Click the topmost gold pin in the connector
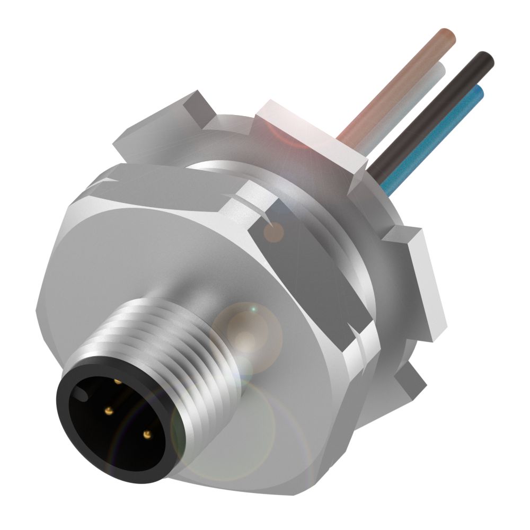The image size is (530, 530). click(117, 380)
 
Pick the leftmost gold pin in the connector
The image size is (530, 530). click(109, 411)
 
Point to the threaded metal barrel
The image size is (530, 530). click(175, 339)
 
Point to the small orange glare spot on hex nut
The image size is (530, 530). click(273, 232)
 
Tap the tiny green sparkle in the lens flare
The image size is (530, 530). click(253, 308)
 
